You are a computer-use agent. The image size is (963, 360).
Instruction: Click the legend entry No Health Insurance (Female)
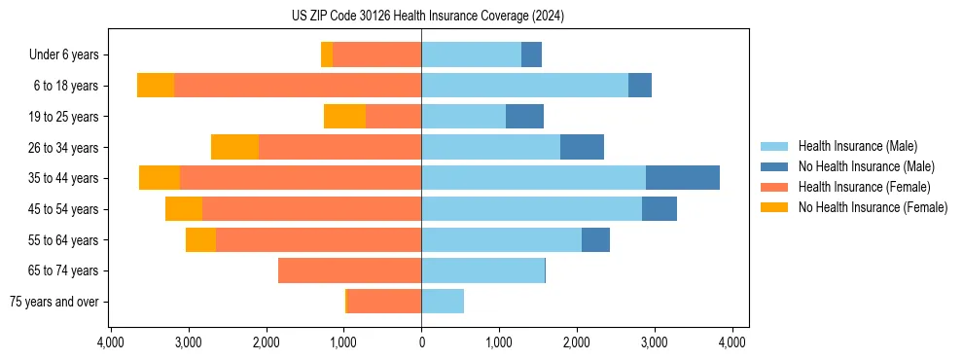(x=873, y=207)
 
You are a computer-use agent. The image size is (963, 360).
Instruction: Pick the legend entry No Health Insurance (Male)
(x=866, y=166)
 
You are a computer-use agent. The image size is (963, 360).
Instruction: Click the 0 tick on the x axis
(x=421, y=342)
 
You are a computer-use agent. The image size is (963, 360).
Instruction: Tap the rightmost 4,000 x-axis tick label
(x=731, y=342)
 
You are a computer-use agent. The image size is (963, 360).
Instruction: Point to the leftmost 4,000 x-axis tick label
(x=111, y=342)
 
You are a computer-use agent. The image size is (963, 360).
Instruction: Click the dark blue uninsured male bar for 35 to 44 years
(x=682, y=178)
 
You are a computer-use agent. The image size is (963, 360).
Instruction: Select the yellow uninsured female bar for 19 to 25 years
(x=344, y=117)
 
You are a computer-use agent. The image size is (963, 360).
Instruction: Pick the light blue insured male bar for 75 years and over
(x=443, y=302)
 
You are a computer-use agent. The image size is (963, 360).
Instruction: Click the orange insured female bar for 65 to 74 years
(x=349, y=270)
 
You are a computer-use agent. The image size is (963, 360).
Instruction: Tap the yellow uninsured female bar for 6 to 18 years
(x=156, y=86)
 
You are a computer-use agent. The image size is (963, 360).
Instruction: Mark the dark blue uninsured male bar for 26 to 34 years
(x=582, y=147)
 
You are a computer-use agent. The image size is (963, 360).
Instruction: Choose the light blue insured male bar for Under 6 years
(x=471, y=55)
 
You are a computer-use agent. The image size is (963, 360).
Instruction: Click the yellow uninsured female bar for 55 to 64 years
(x=200, y=239)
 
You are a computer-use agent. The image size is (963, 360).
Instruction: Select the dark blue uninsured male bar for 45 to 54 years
(x=659, y=209)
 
